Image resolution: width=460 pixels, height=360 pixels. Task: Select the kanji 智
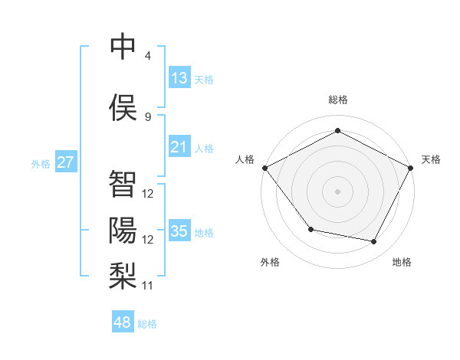pyautogui.click(x=123, y=183)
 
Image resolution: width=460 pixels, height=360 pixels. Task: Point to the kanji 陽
pyautogui.click(x=123, y=229)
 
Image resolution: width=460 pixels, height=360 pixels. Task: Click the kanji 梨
pyautogui.click(x=123, y=275)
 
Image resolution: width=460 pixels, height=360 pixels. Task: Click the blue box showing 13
pyautogui.click(x=179, y=78)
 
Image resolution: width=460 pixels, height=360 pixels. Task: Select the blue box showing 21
pyautogui.click(x=179, y=147)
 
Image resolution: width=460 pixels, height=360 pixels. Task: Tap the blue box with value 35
pyautogui.click(x=179, y=231)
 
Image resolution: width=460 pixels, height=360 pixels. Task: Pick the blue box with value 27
pyautogui.click(x=65, y=162)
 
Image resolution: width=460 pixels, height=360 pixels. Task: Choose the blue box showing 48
pyautogui.click(x=123, y=322)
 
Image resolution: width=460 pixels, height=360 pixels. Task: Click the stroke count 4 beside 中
pyautogui.click(x=148, y=56)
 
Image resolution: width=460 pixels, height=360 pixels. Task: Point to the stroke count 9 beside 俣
pyautogui.click(x=148, y=116)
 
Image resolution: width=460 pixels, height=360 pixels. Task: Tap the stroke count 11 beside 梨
pyautogui.click(x=148, y=286)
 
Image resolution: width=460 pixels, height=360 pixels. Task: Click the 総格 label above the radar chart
pyautogui.click(x=338, y=100)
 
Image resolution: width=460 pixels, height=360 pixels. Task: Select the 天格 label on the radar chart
pyautogui.click(x=431, y=159)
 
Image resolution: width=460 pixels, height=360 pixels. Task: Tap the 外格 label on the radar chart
pyautogui.click(x=270, y=262)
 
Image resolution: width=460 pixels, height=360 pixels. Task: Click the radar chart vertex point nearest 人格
pyautogui.click(x=264, y=168)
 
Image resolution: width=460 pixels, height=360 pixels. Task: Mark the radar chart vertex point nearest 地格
pyautogui.click(x=374, y=242)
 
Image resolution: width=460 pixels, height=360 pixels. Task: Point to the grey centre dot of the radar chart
pyautogui.click(x=338, y=191)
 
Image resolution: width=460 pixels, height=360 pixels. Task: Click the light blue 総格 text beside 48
pyautogui.click(x=147, y=324)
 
